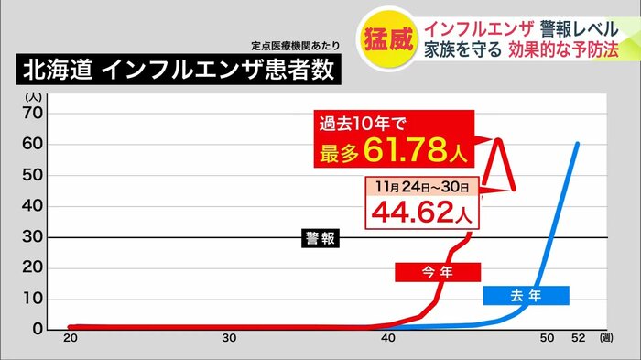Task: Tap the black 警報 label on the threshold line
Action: [x=320, y=238]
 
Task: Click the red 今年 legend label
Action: [x=437, y=272]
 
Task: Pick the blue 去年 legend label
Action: [x=526, y=295]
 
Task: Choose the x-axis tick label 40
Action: [x=388, y=340]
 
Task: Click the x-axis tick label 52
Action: [x=579, y=340]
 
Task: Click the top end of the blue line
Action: [x=577, y=143]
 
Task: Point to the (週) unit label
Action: [x=606, y=340]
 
